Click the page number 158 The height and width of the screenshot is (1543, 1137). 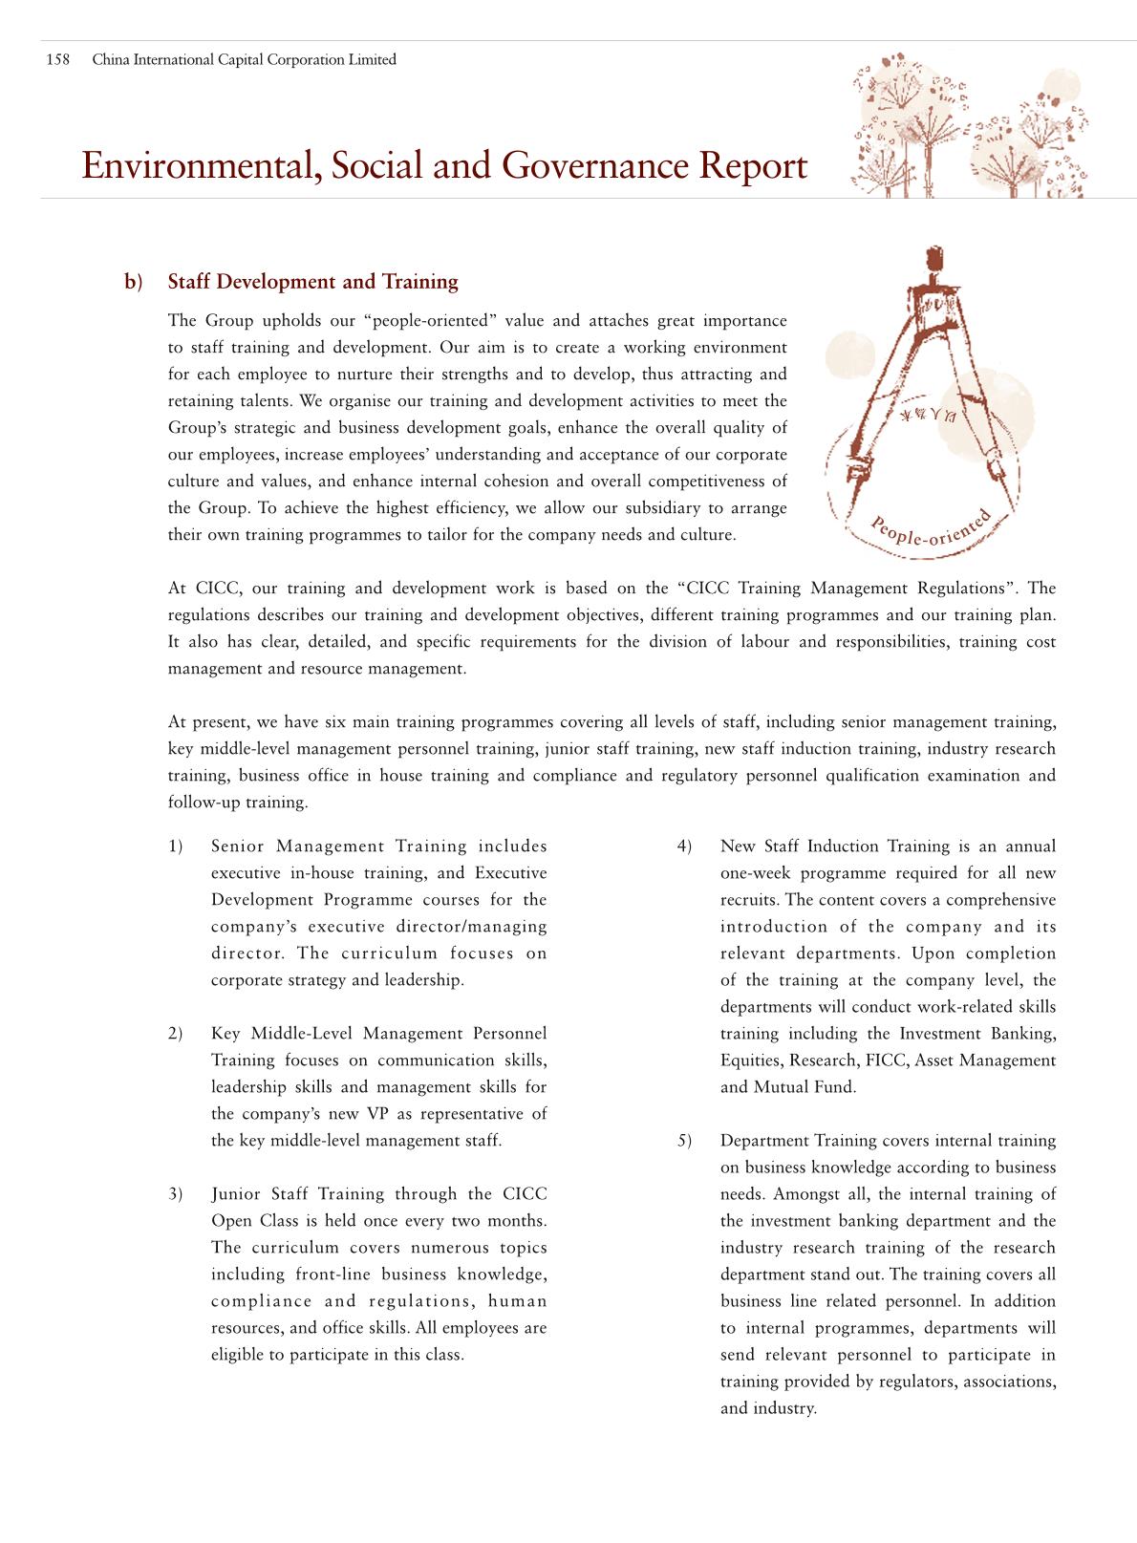point(58,60)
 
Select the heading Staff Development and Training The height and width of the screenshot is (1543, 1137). point(312,282)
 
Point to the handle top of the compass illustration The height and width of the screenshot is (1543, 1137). point(934,257)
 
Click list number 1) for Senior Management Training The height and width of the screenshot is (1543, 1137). point(176,847)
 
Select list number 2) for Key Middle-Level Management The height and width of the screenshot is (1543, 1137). point(176,1034)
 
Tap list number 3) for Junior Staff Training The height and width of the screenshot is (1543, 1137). point(176,1194)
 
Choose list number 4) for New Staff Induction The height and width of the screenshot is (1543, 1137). point(684,847)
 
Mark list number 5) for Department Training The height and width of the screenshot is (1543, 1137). point(684,1141)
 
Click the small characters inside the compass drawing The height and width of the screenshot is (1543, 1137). point(922,418)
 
